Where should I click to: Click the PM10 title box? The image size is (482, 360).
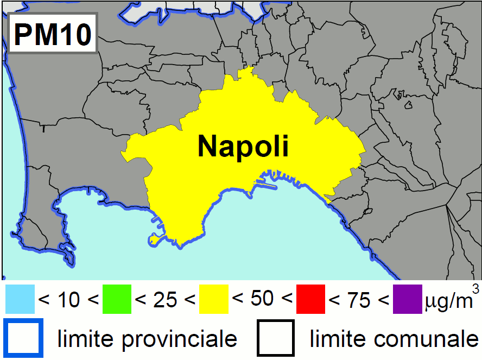[52, 34]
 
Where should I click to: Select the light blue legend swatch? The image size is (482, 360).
[20, 299]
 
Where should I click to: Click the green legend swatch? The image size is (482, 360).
[117, 299]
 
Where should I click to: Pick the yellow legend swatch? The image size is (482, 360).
[214, 299]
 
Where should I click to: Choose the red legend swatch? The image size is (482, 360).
[310, 299]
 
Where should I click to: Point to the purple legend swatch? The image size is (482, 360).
[407, 299]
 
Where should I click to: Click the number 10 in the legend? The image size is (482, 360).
[68, 300]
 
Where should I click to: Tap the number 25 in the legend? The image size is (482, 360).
[165, 300]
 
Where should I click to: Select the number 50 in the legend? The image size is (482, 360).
[262, 299]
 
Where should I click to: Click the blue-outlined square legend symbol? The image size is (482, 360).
[23, 338]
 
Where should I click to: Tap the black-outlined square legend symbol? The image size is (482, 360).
[276, 338]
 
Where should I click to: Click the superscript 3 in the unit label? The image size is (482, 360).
[475, 288]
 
